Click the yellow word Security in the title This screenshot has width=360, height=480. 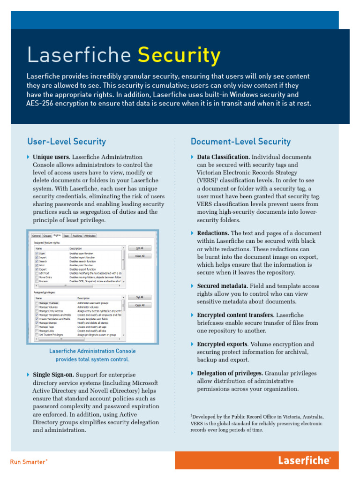tap(179, 56)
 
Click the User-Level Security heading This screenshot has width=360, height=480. tap(67, 142)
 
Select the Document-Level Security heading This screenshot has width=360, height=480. tap(240, 142)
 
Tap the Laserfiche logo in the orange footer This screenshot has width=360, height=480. tap(304, 460)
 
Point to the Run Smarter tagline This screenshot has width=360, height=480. tap(28, 462)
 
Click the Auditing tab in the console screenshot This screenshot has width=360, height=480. tap(77, 236)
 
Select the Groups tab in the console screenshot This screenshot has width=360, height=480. tap(47, 236)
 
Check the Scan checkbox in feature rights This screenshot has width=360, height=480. tap(37, 253)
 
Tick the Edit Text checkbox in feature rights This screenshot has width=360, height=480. tap(37, 273)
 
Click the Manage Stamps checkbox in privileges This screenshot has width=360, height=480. tap(37, 323)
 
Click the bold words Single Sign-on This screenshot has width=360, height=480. tap(53, 375)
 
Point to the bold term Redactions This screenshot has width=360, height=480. tap(213, 233)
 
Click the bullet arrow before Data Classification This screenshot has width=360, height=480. tap(192, 157)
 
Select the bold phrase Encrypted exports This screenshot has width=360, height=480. tap(222, 344)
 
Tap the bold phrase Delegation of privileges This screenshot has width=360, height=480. tap(230, 373)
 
